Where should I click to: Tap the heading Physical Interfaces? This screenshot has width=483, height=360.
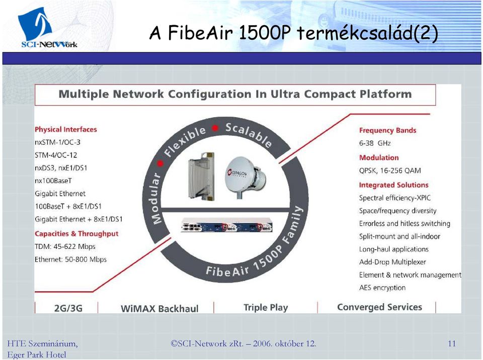pos(65,129)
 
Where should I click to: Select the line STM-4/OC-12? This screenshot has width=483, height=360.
pos(56,155)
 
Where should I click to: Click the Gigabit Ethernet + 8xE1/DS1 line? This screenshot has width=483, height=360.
pos(78,219)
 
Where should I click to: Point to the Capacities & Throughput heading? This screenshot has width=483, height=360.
pos(76,234)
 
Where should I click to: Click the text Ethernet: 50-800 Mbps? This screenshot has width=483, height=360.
pos(70,259)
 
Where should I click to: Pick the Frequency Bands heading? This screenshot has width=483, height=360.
pos(387,130)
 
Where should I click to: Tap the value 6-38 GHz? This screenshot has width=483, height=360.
pos(375,143)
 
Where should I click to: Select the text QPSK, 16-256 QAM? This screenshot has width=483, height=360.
pos(390,170)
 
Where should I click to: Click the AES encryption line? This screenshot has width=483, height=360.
pos(382,288)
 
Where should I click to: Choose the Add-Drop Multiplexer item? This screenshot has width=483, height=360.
pos(392,262)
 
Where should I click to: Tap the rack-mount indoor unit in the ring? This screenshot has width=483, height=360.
pos(227,225)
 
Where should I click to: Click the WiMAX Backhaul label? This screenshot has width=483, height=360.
pos(159,308)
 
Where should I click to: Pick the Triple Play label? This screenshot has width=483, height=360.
pos(266,307)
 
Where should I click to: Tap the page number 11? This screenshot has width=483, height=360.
pos(452,343)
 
